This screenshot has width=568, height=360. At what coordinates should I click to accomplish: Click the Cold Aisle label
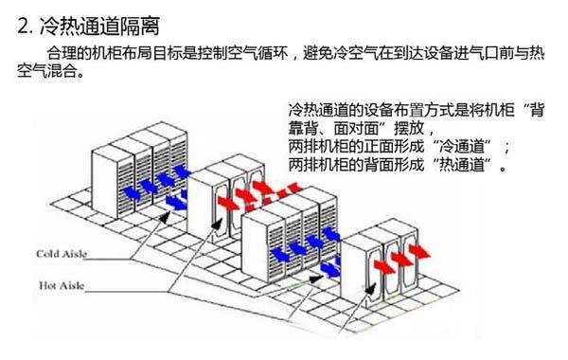click(x=62, y=253)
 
